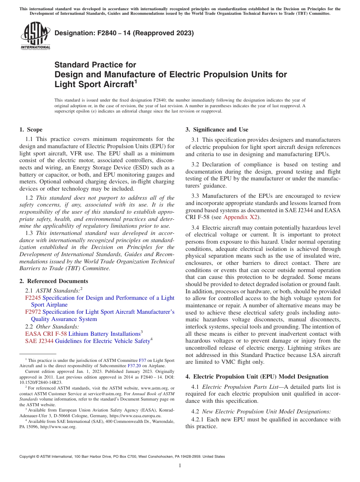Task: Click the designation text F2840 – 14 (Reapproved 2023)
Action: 124,33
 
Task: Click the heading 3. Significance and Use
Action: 217,130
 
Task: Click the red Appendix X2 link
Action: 240,217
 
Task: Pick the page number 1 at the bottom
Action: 180,465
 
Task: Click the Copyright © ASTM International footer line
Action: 122,457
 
